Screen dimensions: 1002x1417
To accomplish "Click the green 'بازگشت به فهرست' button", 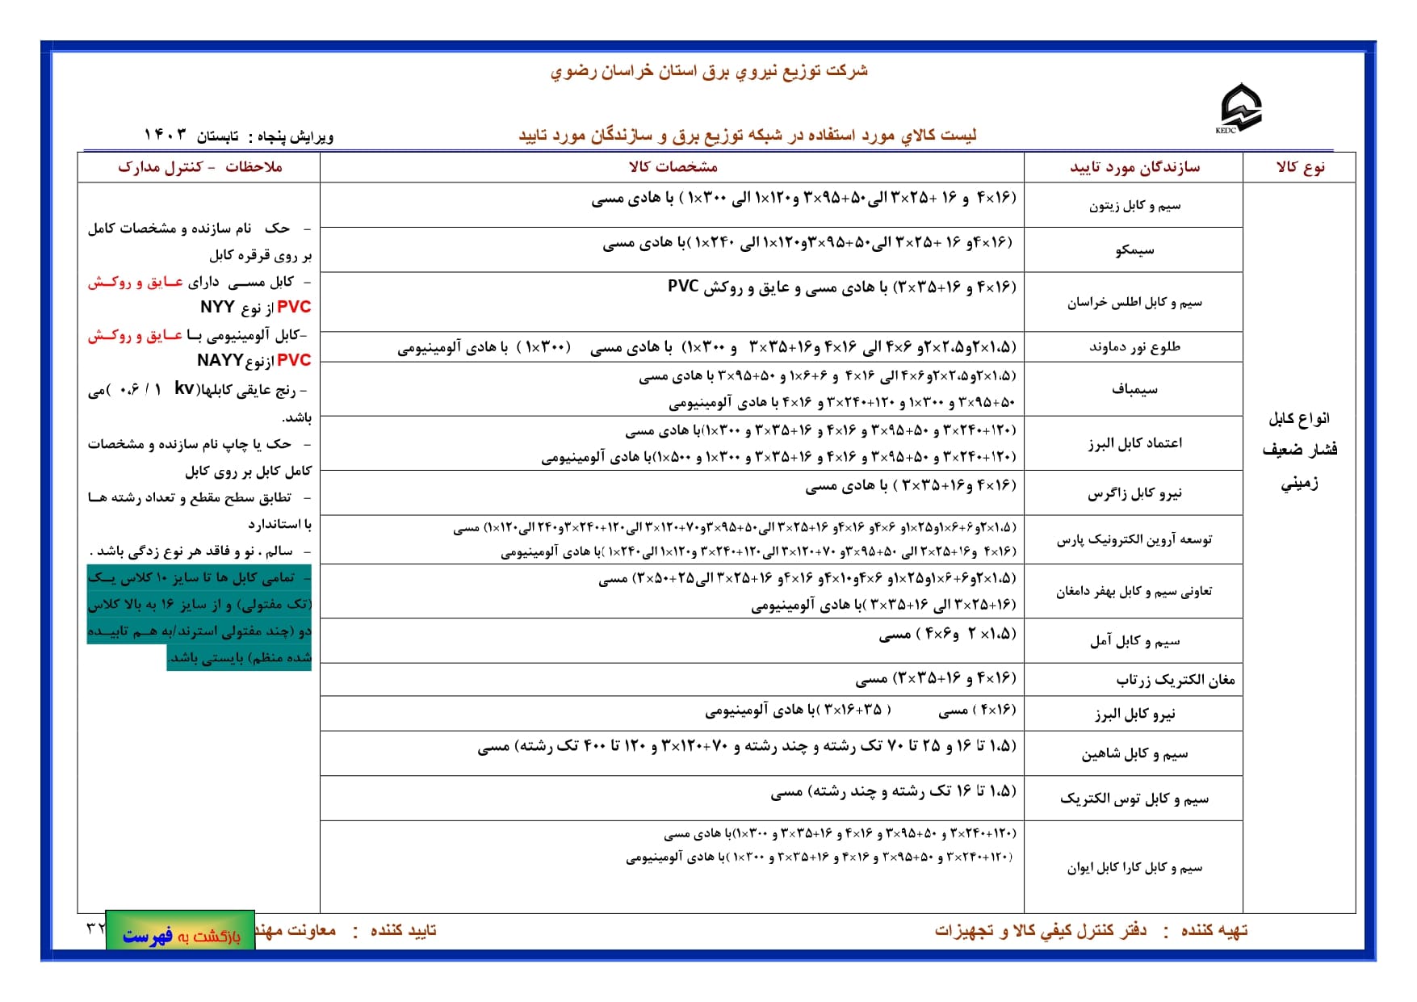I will tap(181, 936).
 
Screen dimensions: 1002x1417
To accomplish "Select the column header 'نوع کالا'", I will tap(1300, 167).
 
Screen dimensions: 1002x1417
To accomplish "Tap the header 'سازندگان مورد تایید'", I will tap(1134, 167).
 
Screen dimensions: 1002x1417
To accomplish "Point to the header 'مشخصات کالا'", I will tap(673, 167).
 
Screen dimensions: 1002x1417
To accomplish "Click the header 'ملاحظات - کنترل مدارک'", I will tap(200, 167).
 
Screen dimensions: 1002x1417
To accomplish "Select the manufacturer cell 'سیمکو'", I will tap(1134, 250).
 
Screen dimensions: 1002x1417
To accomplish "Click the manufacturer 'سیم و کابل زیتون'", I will tap(1134, 206).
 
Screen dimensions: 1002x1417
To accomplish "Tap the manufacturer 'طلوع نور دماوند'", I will tap(1134, 347).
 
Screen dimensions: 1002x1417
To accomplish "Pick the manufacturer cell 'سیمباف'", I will tap(1134, 389).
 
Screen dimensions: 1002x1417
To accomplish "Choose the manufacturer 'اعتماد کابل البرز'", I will tap(1134, 443).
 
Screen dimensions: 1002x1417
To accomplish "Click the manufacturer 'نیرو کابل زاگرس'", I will tap(1134, 493).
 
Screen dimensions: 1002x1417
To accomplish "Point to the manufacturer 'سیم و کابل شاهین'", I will tap(1134, 754).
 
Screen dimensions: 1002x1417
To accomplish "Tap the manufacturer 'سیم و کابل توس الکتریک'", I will tap(1134, 799).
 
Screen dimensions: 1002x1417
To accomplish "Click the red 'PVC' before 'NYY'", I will tap(293, 307).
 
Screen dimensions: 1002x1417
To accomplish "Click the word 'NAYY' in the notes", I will tap(220, 360).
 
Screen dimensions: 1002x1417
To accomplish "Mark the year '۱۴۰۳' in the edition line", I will tap(165, 135).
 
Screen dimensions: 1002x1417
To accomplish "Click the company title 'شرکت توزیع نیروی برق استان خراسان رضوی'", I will tap(708, 71).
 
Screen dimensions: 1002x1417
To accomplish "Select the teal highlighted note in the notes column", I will tap(199, 618).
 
